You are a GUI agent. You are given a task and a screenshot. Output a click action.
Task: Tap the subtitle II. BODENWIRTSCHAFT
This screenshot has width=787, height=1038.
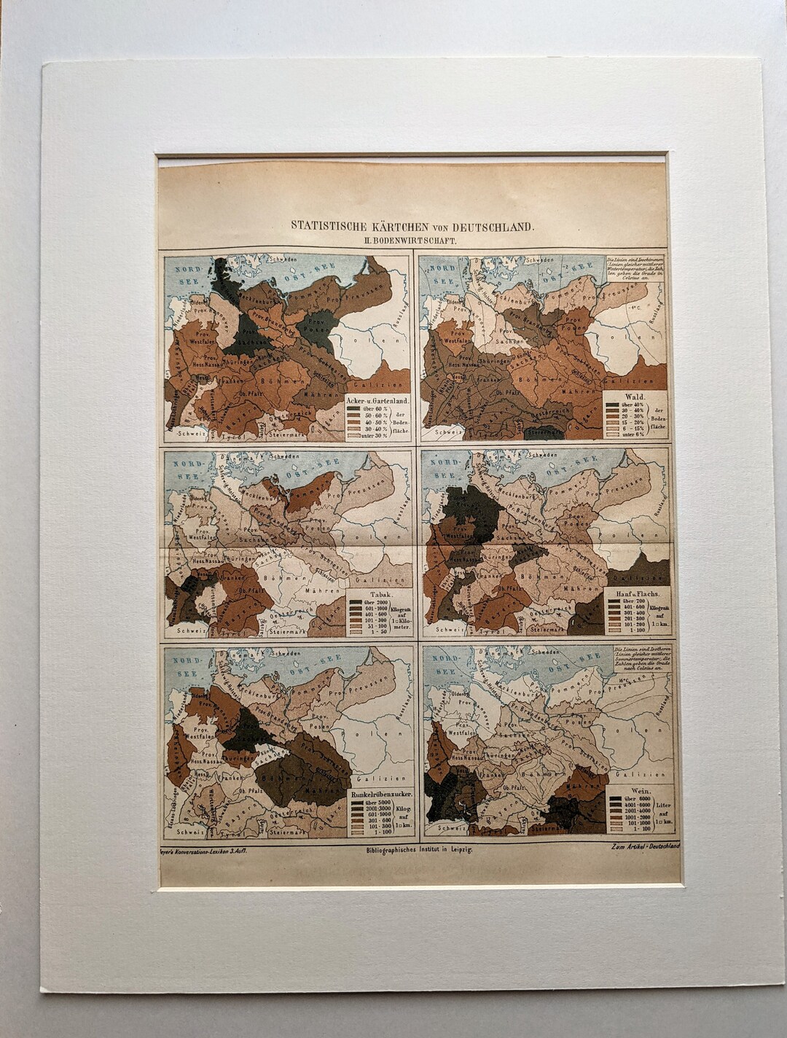[x=413, y=240]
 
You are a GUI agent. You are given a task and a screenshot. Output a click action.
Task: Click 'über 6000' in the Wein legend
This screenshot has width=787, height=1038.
[x=630, y=799]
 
